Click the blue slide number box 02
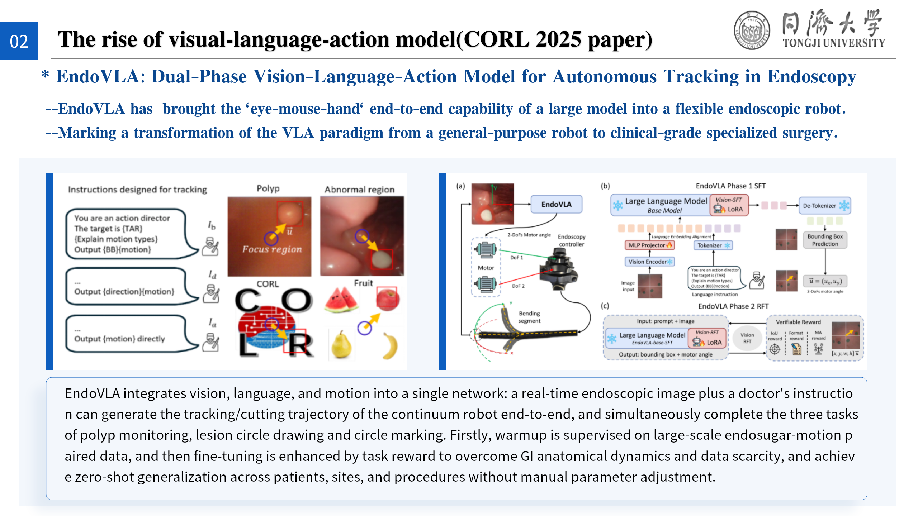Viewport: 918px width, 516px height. click(19, 41)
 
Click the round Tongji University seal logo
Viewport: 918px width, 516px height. click(752, 30)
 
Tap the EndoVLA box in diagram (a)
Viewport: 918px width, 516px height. click(556, 204)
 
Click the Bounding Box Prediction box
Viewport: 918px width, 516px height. click(825, 240)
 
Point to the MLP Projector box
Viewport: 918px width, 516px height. click(649, 245)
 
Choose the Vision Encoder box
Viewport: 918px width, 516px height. click(649, 262)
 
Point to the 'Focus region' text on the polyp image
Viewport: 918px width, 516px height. click(272, 249)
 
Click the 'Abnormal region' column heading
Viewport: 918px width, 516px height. click(359, 190)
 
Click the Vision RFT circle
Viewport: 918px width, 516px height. click(747, 338)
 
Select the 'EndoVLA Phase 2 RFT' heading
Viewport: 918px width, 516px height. click(733, 306)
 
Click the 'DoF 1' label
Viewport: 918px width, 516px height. click(516, 258)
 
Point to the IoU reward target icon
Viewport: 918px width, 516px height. click(775, 349)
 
